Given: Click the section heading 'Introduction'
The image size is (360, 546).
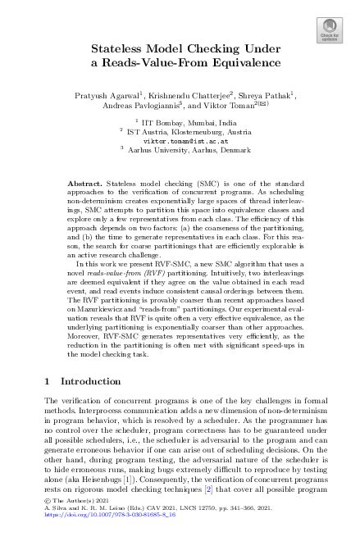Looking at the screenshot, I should coord(90,382).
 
